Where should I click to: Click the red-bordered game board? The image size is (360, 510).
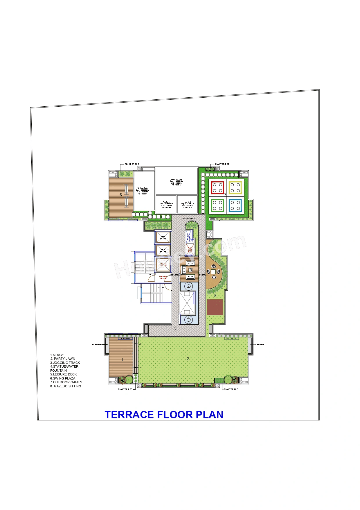pyautogui.click(x=217, y=188)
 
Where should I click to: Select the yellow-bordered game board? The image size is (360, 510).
pyautogui.click(x=235, y=188)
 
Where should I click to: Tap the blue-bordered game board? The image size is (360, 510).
pyautogui.click(x=235, y=205)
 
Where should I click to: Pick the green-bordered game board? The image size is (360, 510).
pyautogui.click(x=217, y=205)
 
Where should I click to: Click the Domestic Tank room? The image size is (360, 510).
pyautogui.click(x=177, y=182)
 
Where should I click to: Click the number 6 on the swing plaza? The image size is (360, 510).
pyautogui.click(x=121, y=195)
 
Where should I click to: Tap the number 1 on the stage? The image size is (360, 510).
pyautogui.click(x=123, y=360)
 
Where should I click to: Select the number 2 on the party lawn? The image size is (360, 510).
pyautogui.click(x=188, y=359)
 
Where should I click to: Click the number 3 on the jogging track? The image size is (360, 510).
pyautogui.click(x=175, y=328)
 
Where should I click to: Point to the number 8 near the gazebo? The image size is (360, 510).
pyautogui.click(x=215, y=296)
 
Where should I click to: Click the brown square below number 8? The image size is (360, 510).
pyautogui.click(x=215, y=307)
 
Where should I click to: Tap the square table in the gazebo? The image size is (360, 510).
pyautogui.click(x=213, y=271)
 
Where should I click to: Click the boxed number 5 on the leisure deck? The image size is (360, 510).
pyautogui.click(x=190, y=270)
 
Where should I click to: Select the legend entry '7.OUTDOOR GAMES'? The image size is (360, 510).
pyautogui.click(x=66, y=382)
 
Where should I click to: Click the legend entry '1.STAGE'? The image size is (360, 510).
pyautogui.click(x=57, y=355)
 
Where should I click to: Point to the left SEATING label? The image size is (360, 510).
pyautogui.click(x=96, y=344)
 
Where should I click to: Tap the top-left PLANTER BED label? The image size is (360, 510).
pyautogui.click(x=132, y=164)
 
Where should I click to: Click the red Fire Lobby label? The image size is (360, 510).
pyautogui.click(x=163, y=277)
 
